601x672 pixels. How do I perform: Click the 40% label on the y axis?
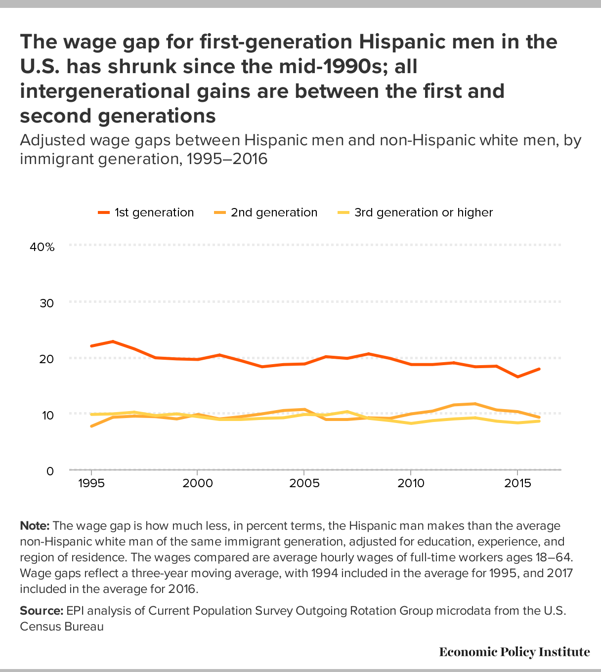(42, 247)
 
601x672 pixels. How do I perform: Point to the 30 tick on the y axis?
(47, 303)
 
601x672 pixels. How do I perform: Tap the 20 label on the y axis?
(47, 359)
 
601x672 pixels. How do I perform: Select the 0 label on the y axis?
(50, 471)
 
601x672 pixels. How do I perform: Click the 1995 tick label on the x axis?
(91, 483)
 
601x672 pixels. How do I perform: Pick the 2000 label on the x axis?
(198, 483)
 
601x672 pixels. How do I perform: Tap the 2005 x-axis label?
(304, 483)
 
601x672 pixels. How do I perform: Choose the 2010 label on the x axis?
(411, 483)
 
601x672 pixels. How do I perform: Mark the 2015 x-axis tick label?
(517, 483)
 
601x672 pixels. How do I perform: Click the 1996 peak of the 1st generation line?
(113, 341)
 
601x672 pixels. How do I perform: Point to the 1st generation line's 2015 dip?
(517, 377)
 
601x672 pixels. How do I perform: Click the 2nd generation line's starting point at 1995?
(91, 426)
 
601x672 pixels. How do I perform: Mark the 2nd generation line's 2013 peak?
(474, 404)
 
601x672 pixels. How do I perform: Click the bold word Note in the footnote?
(35, 525)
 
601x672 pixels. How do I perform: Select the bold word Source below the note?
(42, 611)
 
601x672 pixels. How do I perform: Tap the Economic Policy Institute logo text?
(514, 652)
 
